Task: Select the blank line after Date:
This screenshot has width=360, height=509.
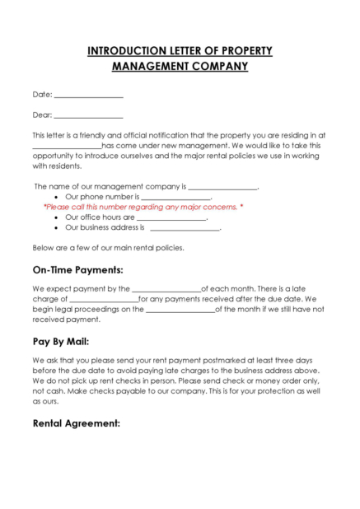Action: pos(88,96)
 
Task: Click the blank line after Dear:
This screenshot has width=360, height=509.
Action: pos(88,116)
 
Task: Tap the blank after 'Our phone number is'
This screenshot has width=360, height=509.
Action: pos(176,198)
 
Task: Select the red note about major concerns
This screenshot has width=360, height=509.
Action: pos(143,208)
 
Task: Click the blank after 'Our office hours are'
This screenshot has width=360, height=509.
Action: pos(171,218)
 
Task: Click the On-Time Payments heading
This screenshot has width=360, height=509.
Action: pos(77,269)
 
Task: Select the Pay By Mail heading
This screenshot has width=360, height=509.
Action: pos(61,341)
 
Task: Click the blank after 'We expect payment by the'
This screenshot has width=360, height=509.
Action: pos(166,290)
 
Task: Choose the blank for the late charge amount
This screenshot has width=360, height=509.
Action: pos(104,300)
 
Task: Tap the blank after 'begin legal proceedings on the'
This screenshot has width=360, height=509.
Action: pos(180,310)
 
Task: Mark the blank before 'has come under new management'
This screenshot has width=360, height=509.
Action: pos(67,146)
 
